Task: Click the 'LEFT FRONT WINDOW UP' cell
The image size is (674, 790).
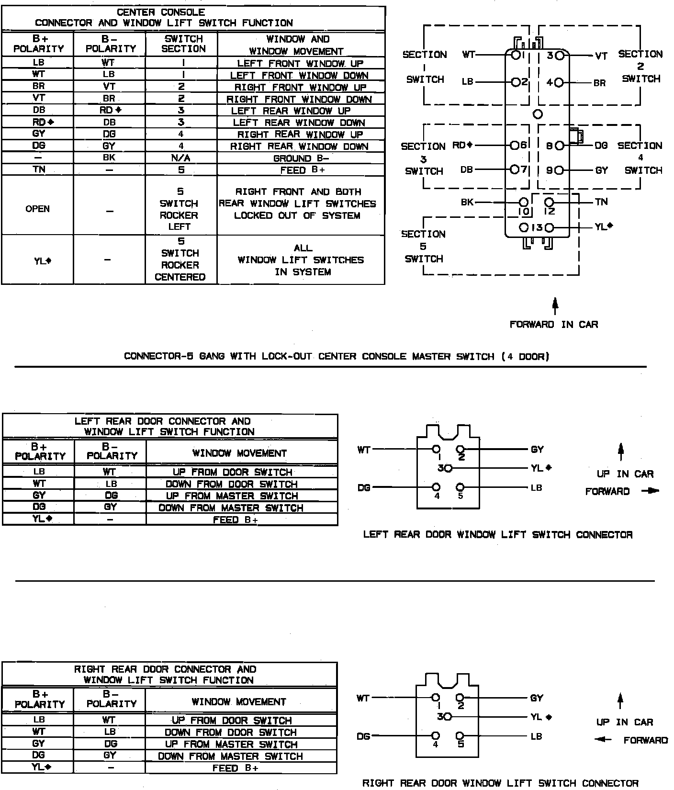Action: pos(301,63)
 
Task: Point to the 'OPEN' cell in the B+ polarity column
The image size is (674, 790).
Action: pos(38,209)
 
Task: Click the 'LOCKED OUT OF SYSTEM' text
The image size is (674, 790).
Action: pos(297,215)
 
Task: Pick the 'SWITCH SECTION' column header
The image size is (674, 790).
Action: pos(183,44)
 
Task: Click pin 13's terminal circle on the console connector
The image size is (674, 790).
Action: pos(549,227)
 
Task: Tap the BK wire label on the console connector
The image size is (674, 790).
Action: pos(467,202)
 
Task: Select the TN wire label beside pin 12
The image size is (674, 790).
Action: pos(601,202)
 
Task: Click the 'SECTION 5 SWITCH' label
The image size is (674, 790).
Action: pos(423,247)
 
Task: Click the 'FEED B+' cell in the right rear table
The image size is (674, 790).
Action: pos(235,768)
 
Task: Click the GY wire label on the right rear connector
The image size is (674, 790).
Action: pos(537,698)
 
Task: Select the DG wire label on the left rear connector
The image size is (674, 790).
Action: pos(364,488)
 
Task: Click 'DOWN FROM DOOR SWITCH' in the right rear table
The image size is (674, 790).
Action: pos(231,733)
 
